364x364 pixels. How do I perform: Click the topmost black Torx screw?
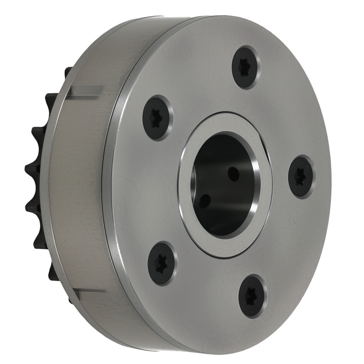click(x=246, y=67)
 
